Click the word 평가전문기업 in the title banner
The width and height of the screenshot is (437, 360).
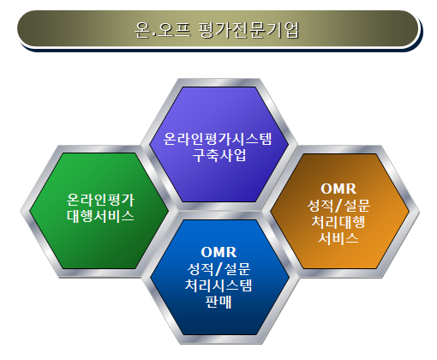[248, 30]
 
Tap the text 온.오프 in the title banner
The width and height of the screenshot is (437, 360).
[162, 30]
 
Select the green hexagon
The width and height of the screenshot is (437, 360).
[99, 211]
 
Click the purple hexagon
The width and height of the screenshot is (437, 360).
[219, 145]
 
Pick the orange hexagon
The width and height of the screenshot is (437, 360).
[340, 211]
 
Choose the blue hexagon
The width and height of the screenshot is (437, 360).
[219, 277]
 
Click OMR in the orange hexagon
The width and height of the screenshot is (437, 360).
[338, 189]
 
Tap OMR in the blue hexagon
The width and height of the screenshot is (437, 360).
[218, 252]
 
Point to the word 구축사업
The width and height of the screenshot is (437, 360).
[219, 155]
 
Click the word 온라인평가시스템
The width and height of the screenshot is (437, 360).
[218, 139]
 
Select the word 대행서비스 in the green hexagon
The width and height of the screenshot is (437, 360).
[100, 216]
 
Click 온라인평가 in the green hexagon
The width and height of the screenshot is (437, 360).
[100, 200]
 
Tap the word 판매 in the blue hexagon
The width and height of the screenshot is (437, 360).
[218, 302]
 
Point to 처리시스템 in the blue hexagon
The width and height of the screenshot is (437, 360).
[218, 285]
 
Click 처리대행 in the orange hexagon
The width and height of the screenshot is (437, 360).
[338, 222]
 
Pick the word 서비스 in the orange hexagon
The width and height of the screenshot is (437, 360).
[338, 238]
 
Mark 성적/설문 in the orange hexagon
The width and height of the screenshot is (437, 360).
[338, 206]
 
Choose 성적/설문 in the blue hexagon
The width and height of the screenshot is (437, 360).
[218, 268]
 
